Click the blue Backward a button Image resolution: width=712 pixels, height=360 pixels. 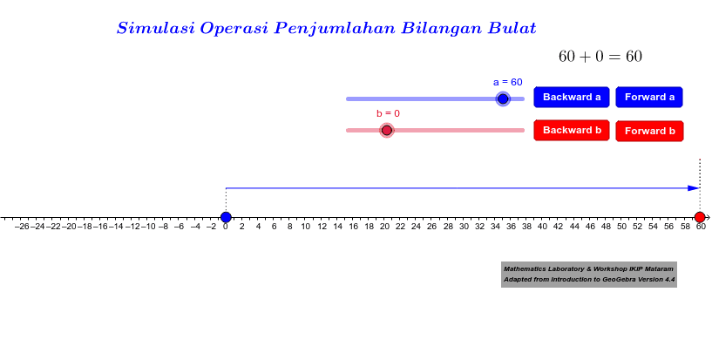click(x=571, y=97)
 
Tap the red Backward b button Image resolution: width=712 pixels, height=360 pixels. click(x=571, y=130)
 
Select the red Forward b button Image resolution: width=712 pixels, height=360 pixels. click(x=649, y=131)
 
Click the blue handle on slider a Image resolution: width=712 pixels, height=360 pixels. click(x=503, y=98)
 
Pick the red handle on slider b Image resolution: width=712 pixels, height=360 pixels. click(x=386, y=130)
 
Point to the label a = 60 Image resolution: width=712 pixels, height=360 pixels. click(x=508, y=82)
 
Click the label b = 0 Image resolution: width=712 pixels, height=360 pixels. click(x=388, y=113)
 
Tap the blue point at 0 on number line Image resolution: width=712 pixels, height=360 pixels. click(x=226, y=217)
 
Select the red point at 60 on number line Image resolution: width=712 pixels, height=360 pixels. click(x=700, y=217)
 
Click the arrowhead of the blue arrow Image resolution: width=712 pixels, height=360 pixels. click(x=695, y=188)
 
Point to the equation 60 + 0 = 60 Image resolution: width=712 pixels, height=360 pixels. click(x=600, y=57)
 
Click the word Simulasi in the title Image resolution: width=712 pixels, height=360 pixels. click(x=156, y=28)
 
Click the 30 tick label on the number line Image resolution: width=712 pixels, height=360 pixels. click(x=464, y=227)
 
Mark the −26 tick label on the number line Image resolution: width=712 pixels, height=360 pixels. click(x=23, y=227)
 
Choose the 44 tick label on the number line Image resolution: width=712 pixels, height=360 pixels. click(x=574, y=227)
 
